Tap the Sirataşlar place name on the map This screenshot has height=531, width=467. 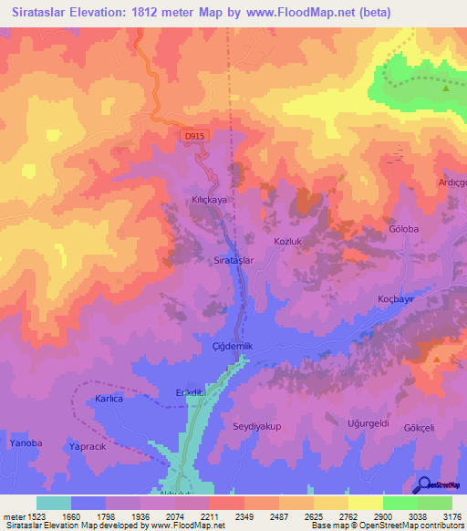tap(233, 260)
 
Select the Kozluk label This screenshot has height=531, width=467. tap(288, 242)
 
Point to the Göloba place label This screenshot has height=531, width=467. tap(403, 229)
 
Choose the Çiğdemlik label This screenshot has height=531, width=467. tap(232, 346)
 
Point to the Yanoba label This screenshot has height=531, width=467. tap(26, 443)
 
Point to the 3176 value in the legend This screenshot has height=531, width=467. tap(441, 515)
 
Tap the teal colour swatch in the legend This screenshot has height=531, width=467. tap(54, 503)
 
